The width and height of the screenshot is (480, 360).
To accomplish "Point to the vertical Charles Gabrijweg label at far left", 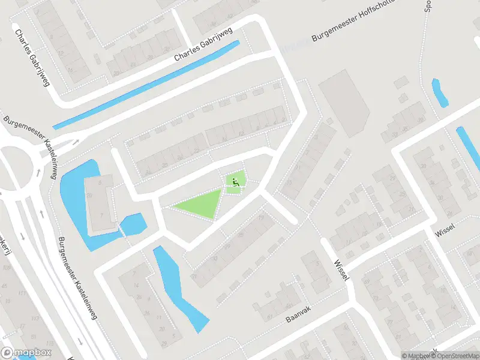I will tap(31, 58).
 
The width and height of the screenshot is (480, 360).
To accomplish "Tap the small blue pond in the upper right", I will tap(439, 93).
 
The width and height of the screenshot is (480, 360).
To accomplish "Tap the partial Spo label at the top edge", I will tap(428, 5).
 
